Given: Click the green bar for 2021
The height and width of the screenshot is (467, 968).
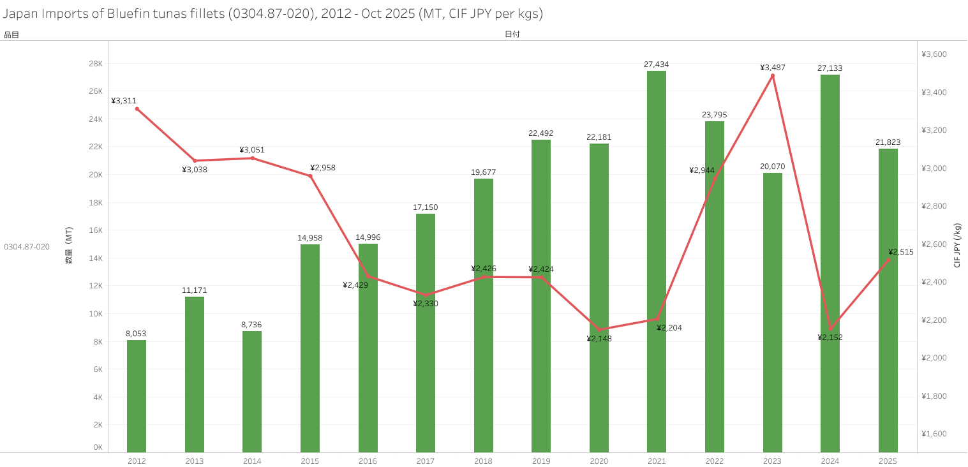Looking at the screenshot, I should coord(657,262).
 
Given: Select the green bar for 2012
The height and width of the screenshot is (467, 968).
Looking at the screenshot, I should coord(137,396).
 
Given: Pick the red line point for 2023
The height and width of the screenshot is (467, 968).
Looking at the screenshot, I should coord(773,76).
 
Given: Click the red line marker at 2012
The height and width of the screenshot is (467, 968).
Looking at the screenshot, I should coord(137,109).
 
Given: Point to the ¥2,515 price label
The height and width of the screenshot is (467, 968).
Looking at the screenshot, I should coord(901,252).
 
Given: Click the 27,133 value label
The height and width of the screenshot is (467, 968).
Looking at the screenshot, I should coord(830,68).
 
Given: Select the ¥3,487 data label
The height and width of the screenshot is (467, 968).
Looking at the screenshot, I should coord(773,68).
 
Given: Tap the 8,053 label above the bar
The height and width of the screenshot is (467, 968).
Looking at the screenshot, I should coord(136,334).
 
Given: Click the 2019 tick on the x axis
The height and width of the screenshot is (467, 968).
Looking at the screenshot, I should coord(541,461).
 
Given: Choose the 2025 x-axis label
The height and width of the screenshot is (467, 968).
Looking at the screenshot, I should coord(888,461).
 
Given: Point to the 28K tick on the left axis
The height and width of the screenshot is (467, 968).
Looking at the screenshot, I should coord(96,64).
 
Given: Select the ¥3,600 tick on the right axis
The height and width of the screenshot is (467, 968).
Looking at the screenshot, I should coord(934,54).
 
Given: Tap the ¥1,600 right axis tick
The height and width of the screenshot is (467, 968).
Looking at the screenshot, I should coord(934,434).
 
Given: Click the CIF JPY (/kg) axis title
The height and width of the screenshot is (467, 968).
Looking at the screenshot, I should coord(957,246).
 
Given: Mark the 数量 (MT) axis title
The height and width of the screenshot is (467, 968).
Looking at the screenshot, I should coord(69,246).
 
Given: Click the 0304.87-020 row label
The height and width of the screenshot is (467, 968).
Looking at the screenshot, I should coord(27,246).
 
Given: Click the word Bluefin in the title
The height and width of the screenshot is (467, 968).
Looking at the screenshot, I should coord(130,13).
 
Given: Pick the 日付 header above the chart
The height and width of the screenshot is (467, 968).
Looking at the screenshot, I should coord(512,34).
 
